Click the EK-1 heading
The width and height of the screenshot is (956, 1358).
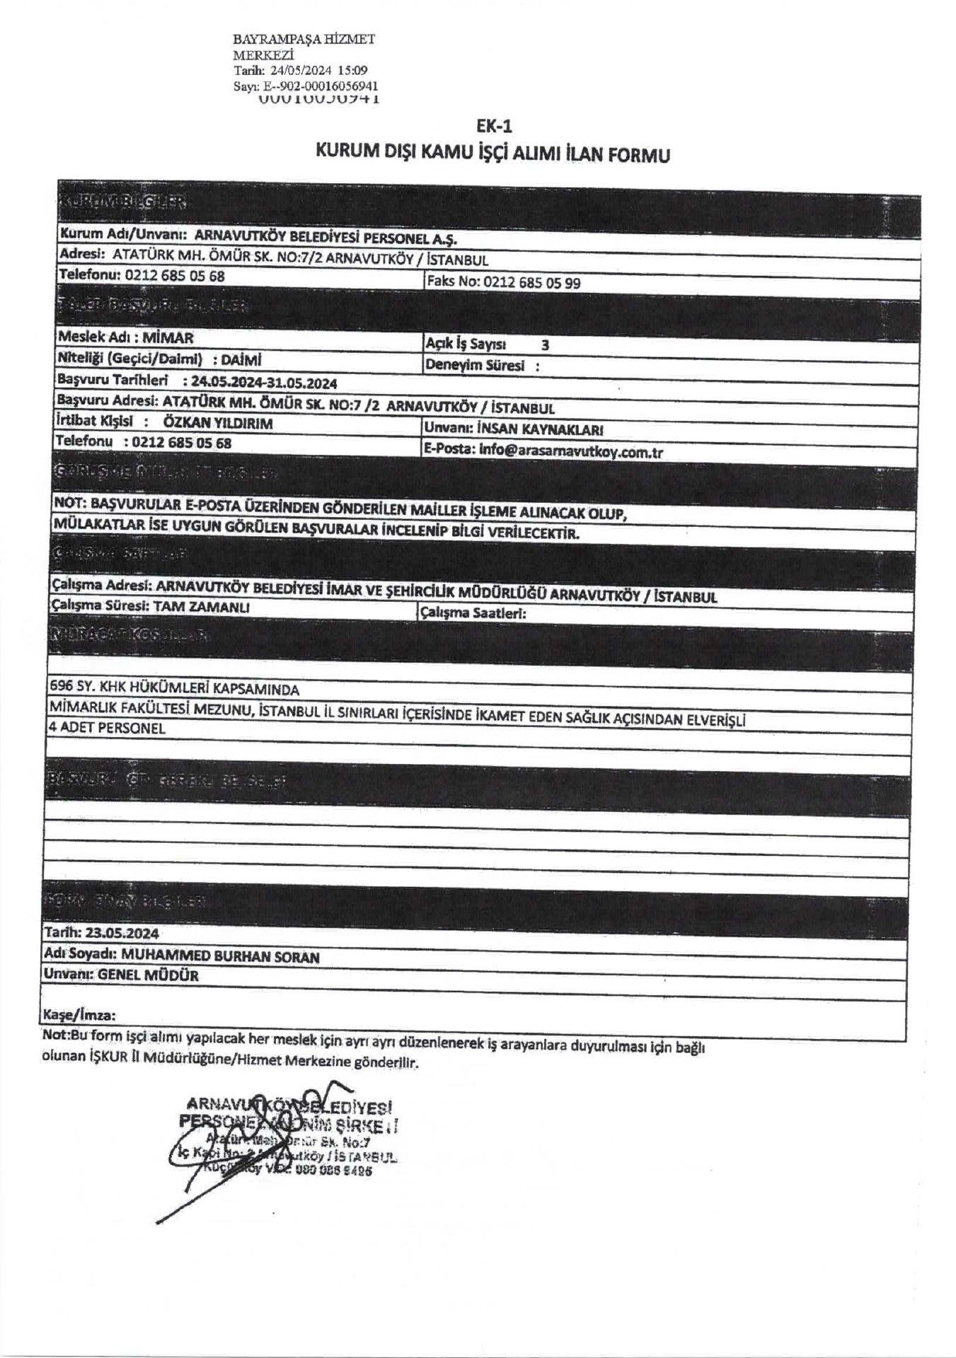pyautogui.click(x=494, y=126)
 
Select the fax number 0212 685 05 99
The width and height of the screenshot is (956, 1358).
pyautogui.click(x=531, y=283)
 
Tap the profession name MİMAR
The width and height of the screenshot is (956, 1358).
pyautogui.click(x=168, y=338)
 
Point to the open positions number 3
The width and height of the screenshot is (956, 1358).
pyautogui.click(x=544, y=345)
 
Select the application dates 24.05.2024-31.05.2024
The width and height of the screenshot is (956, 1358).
pyautogui.click(x=264, y=383)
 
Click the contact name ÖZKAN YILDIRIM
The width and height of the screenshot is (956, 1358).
pyautogui.click(x=218, y=423)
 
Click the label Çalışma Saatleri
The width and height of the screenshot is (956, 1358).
pyautogui.click(x=473, y=613)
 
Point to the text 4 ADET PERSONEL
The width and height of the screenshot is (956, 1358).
pyautogui.click(x=106, y=728)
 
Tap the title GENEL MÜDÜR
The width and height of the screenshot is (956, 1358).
pyautogui.click(x=148, y=976)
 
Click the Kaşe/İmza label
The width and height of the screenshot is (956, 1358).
pyautogui.click(x=79, y=1016)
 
